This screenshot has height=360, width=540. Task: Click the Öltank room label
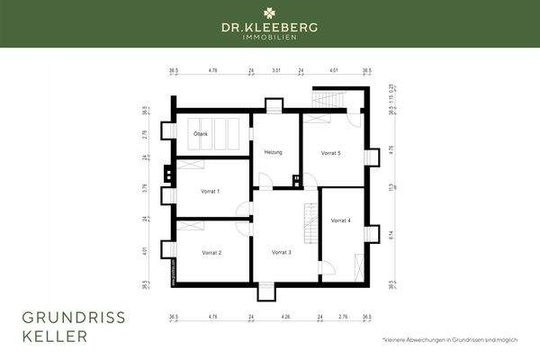pos(200,134)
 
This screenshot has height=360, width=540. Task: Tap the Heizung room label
pos(274,152)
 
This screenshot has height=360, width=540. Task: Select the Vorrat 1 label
pos(211,192)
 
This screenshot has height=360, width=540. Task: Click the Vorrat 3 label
pos(282,253)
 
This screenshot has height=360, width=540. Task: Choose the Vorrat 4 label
pos(340,220)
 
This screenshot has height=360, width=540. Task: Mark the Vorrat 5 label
pos(330,153)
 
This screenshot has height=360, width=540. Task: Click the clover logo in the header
pos(270,13)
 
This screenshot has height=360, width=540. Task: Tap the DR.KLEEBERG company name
pos(270,28)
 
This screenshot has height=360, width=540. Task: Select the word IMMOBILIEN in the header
pos(270,38)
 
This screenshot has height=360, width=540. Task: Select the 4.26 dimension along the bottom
pos(286,317)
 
